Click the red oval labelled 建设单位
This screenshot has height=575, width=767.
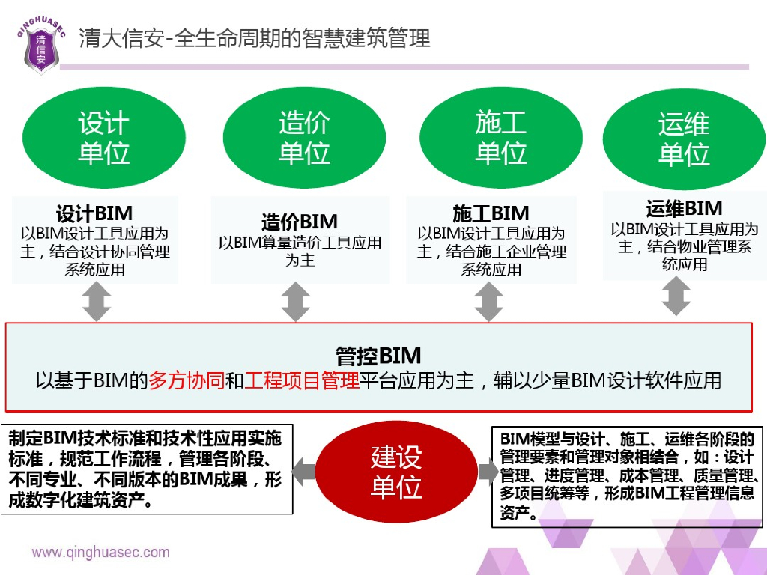tap(396, 472)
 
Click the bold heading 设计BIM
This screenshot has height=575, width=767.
tap(94, 213)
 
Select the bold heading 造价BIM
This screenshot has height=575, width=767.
tap(300, 222)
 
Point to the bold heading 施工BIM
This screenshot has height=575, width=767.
tap(491, 213)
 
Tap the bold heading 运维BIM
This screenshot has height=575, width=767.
tap(684, 207)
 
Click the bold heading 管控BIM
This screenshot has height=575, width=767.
tap(378, 355)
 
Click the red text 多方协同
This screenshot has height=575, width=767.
tap(187, 380)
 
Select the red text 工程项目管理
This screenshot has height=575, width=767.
tap(302, 380)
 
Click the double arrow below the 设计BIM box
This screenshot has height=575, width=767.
tap(96, 302)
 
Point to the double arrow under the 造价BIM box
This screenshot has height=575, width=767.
tap(295, 302)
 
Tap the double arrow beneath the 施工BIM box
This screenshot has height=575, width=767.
tap(488, 302)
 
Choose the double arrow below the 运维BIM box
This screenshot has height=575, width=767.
tap(676, 296)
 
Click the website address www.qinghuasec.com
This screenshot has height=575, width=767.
tap(100, 553)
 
